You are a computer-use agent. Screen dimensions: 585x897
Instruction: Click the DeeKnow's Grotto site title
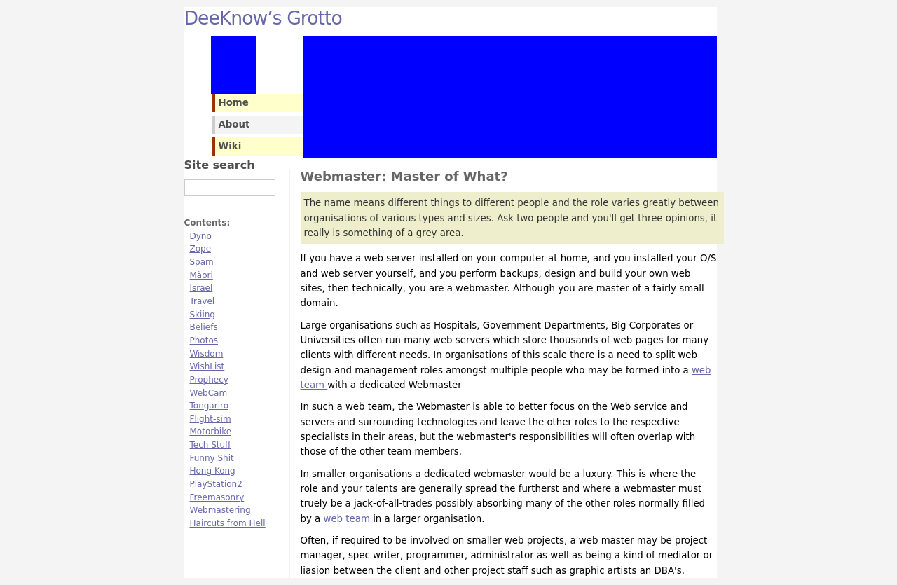pos(263,18)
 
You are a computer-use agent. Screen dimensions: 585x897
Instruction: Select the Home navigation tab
pos(233,103)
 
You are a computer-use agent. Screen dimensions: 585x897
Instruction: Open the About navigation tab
pos(234,125)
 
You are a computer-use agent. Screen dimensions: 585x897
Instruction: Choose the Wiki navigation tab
pos(230,146)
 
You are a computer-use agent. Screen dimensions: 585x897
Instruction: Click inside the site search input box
pos(229,188)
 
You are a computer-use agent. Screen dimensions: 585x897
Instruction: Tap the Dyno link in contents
pos(200,236)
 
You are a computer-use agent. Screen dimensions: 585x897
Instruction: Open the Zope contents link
pos(200,249)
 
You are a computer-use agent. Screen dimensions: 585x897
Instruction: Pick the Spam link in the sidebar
pos(201,262)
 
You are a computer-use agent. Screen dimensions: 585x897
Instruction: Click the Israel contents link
pos(201,288)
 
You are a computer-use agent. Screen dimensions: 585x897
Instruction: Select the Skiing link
pos(202,315)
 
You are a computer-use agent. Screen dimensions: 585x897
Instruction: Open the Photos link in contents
pos(203,340)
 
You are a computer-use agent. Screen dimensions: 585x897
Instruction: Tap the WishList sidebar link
pos(207,366)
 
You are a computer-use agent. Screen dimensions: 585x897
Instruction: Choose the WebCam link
pos(208,393)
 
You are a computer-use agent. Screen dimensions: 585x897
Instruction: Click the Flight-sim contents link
pos(210,419)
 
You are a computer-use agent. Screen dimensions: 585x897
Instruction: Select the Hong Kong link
pos(212,471)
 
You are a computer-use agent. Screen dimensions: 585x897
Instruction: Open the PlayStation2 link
pos(216,484)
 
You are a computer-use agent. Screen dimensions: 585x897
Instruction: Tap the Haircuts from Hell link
pos(227,523)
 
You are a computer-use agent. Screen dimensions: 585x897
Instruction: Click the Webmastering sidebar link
pos(219,510)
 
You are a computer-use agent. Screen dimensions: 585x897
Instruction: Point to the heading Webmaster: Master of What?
pos(404,177)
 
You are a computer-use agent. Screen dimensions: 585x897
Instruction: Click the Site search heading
pos(219,165)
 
